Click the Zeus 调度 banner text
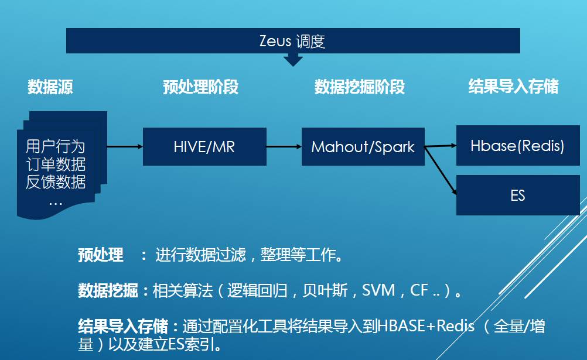(x=292, y=42)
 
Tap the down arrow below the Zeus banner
(x=292, y=60)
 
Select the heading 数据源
(x=50, y=88)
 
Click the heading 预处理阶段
(x=200, y=88)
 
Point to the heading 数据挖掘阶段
(x=359, y=88)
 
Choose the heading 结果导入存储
(x=513, y=87)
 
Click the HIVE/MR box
(x=204, y=146)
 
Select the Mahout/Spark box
(x=363, y=146)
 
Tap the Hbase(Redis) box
(x=517, y=145)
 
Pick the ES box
(x=517, y=195)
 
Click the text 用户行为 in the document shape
(x=55, y=146)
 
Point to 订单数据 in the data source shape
(x=55, y=164)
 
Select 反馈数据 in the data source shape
(x=55, y=182)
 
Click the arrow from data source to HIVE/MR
(x=125, y=146)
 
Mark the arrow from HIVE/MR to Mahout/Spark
(x=284, y=146)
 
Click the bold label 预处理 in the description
(x=100, y=255)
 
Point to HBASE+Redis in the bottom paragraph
(x=426, y=325)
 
